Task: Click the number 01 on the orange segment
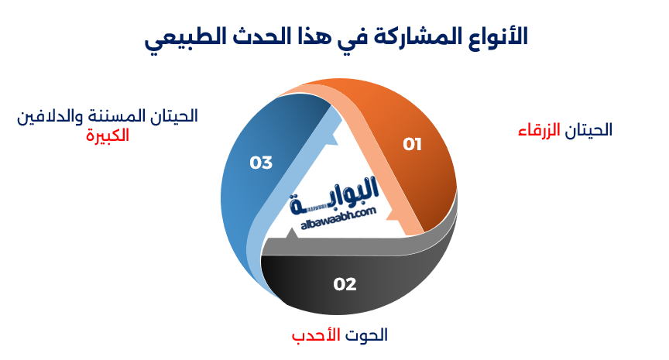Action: coord(412,144)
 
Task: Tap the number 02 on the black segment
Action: coord(345,284)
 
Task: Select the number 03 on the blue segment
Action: coord(261,163)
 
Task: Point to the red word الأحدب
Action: coord(315,336)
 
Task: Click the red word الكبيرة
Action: coord(107,135)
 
